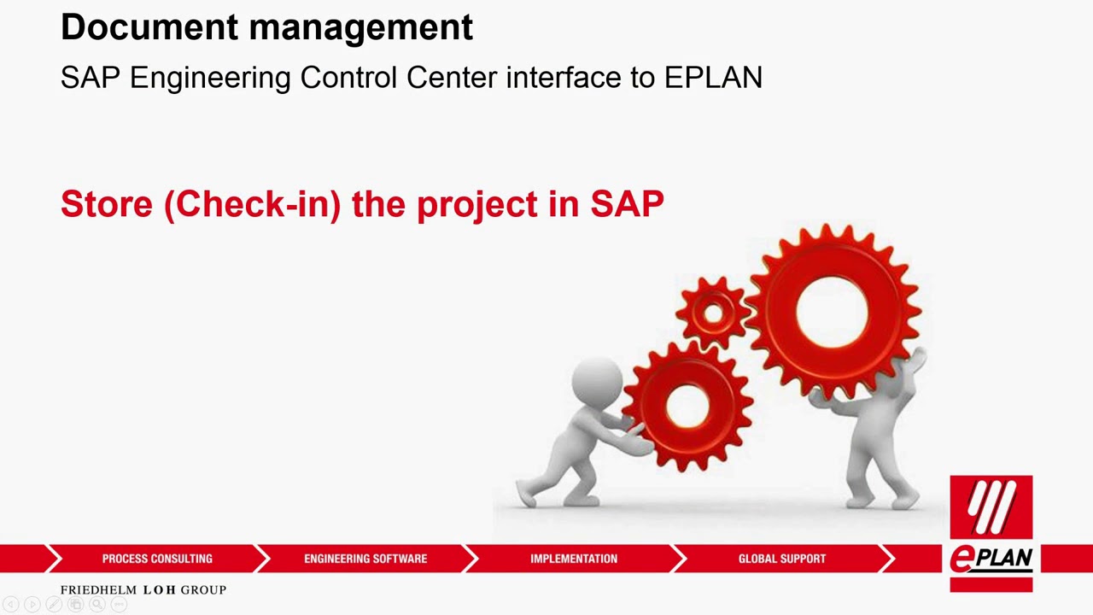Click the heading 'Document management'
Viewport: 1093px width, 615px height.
click(266, 27)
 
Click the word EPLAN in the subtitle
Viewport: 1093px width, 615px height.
click(713, 78)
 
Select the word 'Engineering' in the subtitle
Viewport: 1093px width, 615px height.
click(210, 79)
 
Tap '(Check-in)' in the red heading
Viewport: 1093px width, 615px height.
click(252, 205)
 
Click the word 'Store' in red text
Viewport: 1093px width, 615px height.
click(106, 205)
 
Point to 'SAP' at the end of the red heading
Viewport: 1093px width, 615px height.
click(627, 205)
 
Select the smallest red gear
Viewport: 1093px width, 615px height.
click(713, 313)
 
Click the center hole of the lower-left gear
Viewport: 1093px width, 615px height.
click(687, 407)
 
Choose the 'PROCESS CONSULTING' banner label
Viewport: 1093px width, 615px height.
click(157, 559)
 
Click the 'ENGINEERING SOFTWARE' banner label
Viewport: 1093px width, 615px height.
click(365, 559)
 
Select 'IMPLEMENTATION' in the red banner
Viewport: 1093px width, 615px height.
click(574, 559)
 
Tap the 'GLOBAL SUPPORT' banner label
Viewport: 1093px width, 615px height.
click(782, 559)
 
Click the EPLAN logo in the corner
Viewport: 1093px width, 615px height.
click(991, 533)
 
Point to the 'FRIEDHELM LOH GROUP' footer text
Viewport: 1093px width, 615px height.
click(143, 590)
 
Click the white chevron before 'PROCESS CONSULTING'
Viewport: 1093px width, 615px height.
click(53, 559)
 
